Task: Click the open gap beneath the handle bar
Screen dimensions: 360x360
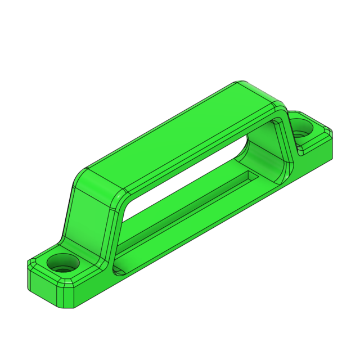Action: (186, 180)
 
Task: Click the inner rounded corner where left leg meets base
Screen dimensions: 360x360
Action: (118, 268)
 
